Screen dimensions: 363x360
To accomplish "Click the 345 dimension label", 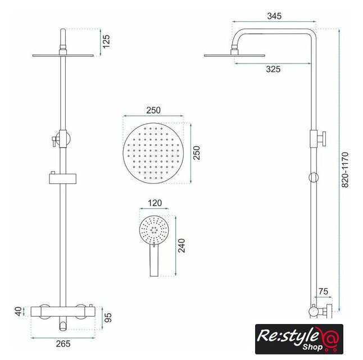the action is (274, 16).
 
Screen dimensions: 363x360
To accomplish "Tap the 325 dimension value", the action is (273, 69).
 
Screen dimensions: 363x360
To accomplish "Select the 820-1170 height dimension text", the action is (345, 170).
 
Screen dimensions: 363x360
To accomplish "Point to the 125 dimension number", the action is (106, 42).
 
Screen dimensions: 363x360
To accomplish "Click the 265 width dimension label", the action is (63, 344).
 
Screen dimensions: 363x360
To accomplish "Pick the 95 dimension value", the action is (108, 318).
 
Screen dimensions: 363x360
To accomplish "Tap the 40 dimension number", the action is (19, 311).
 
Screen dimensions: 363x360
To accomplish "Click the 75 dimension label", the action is (323, 291).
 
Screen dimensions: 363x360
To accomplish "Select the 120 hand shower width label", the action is (155, 203).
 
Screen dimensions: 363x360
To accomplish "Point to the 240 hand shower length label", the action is (182, 245).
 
